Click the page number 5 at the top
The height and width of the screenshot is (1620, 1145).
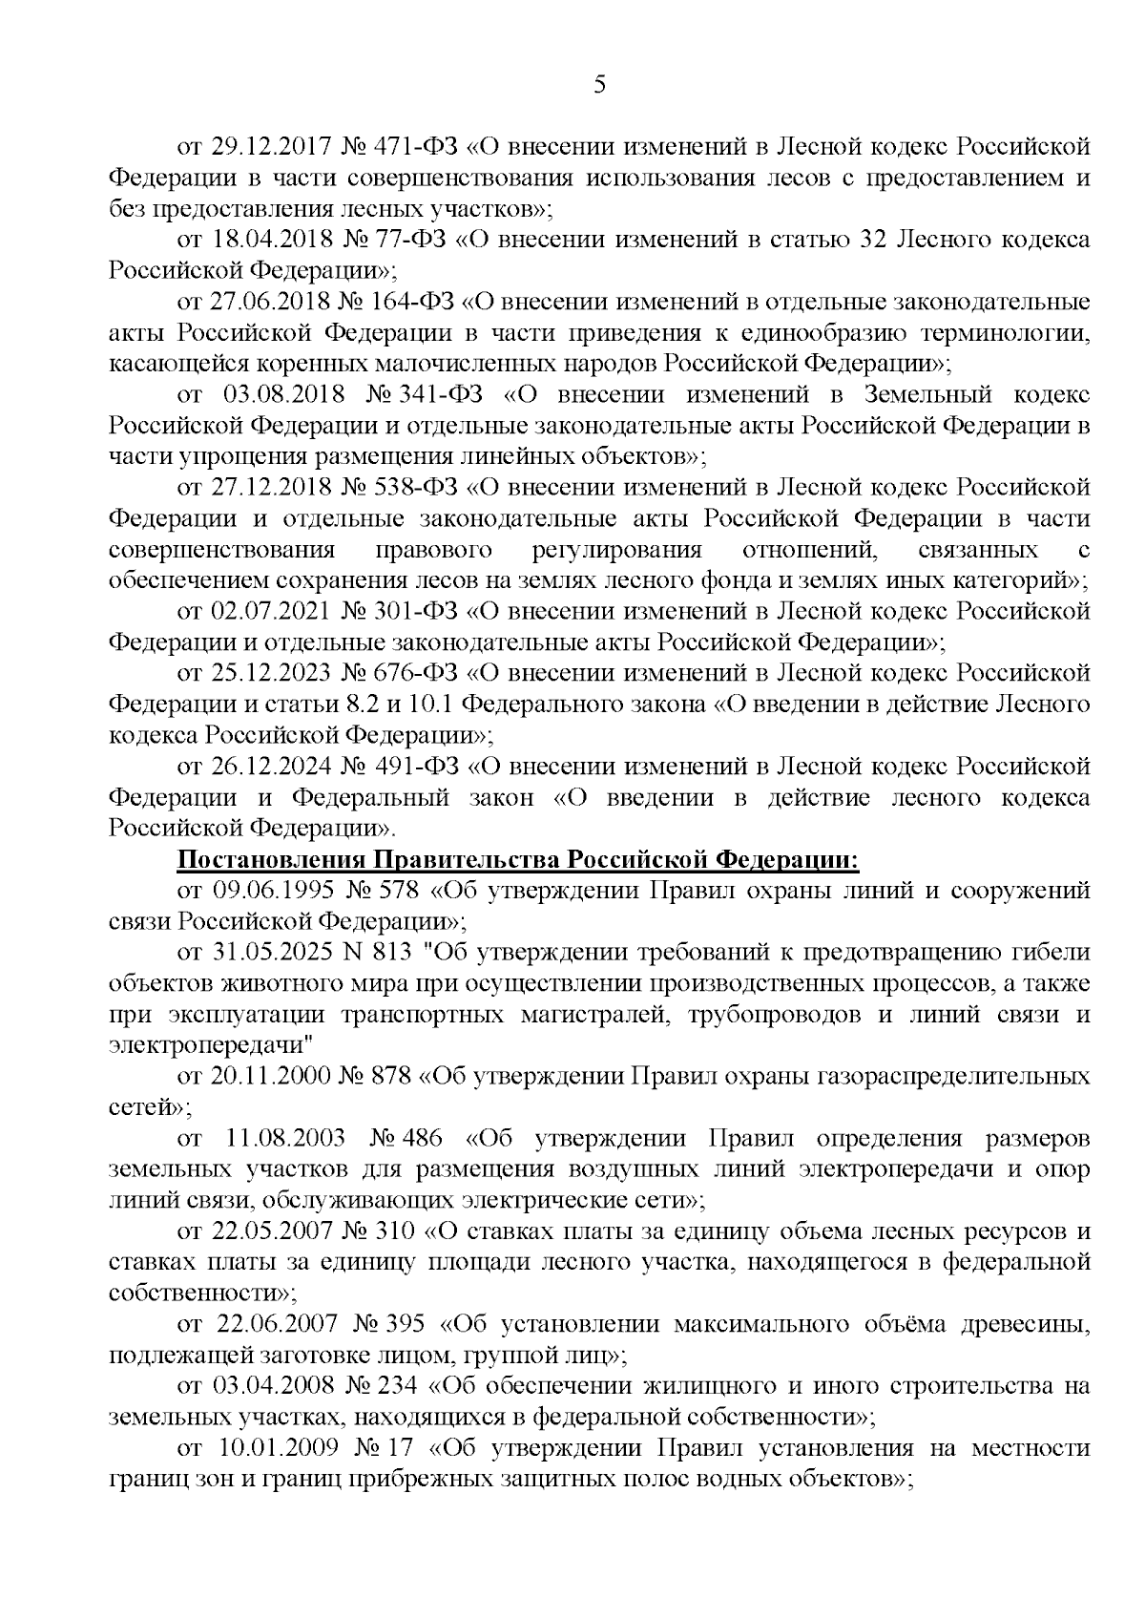(x=599, y=86)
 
